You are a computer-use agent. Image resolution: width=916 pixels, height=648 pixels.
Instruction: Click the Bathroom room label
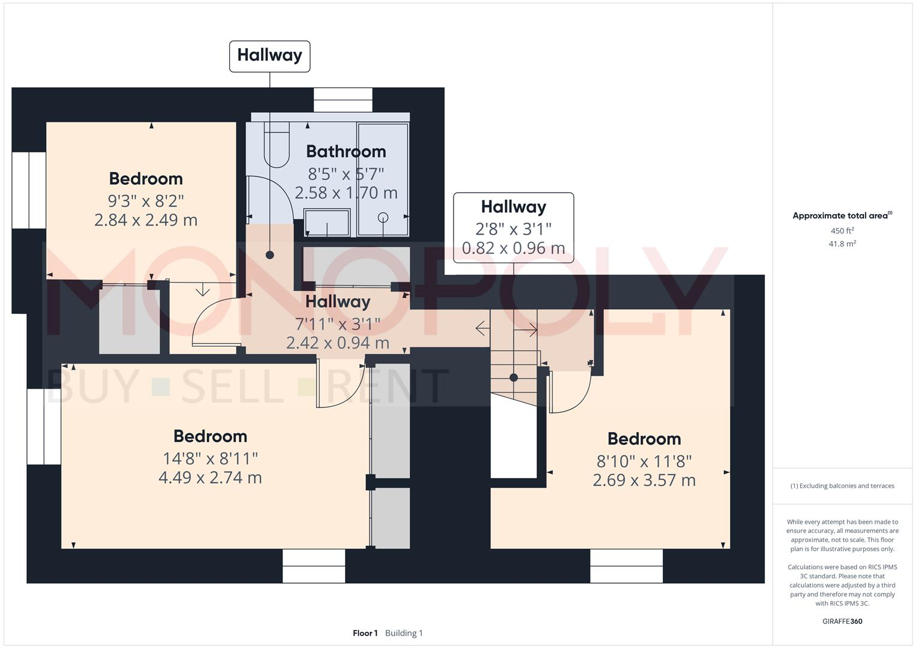coord(346,151)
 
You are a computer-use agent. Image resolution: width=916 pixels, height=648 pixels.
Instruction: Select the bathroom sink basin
coord(327,222)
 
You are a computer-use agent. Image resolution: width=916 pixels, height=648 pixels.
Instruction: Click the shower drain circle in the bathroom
coord(383,217)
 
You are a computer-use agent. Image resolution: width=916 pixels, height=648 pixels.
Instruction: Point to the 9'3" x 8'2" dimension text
coord(146,200)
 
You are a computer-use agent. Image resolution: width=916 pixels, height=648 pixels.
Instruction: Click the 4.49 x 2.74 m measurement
coord(210,478)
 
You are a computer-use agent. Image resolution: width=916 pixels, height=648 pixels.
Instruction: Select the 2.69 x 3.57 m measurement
coord(644,480)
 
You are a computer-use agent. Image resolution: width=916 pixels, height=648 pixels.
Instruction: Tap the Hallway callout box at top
coord(269,56)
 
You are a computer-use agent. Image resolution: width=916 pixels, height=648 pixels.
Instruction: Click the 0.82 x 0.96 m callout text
coord(513,248)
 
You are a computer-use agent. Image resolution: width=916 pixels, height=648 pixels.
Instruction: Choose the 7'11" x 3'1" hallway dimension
coord(338,324)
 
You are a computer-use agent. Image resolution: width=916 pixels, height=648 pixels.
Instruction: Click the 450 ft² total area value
coord(842,231)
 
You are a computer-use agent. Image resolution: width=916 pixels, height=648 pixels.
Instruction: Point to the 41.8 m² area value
coord(842,244)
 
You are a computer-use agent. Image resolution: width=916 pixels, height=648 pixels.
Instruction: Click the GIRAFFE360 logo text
coord(842,621)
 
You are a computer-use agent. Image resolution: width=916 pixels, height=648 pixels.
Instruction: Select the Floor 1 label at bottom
coord(365,633)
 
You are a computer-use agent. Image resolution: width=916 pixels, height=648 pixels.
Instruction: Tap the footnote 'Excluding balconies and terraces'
coord(842,486)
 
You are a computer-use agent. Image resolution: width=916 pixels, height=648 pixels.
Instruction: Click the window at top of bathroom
coord(343,100)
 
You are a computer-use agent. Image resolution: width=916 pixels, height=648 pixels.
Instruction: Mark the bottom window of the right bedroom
coord(626,566)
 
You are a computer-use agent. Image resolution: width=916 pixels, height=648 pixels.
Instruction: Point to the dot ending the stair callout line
coord(513,377)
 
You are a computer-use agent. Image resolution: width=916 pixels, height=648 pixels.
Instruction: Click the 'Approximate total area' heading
coord(841,216)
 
